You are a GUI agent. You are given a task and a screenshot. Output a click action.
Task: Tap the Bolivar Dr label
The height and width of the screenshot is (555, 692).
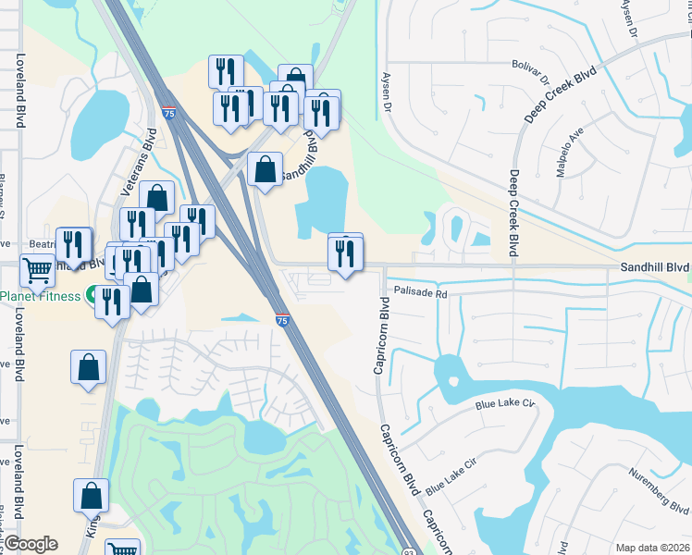tap(531, 65)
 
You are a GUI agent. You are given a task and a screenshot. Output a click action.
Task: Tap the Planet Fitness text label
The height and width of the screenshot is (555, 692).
tap(40, 296)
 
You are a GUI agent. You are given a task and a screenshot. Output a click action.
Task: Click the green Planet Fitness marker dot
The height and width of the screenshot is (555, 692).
tap(93, 296)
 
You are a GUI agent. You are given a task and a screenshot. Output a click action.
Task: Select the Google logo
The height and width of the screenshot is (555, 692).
tap(31, 544)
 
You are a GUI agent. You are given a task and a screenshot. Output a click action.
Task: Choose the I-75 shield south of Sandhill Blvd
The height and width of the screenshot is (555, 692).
tap(282, 320)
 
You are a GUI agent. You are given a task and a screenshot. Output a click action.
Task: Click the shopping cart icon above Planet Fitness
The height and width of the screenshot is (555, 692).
tap(38, 270)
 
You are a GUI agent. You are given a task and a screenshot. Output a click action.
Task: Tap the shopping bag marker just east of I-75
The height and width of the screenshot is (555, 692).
tap(265, 169)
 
